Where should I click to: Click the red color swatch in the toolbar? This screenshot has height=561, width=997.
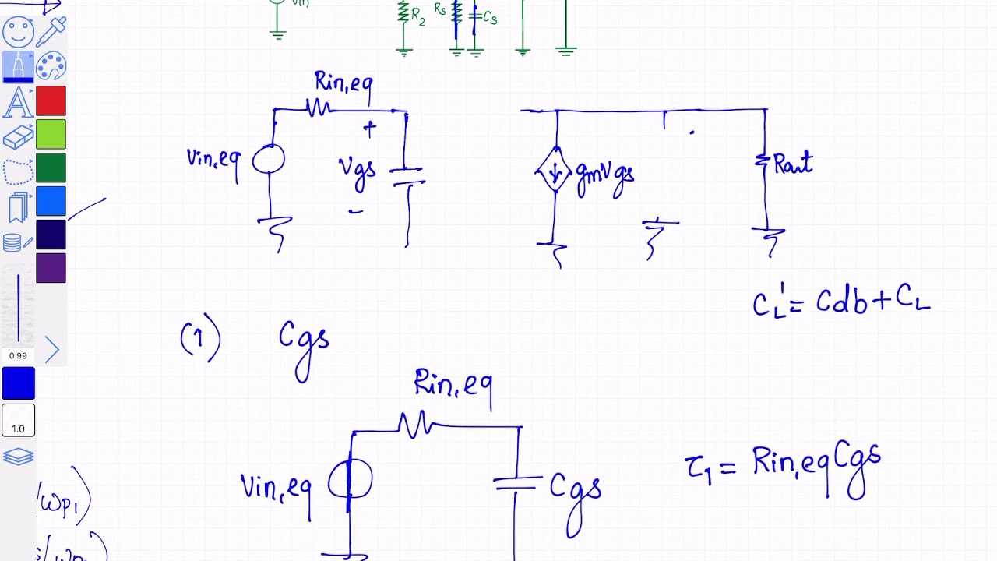tap(51, 101)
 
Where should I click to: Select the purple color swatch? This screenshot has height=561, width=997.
tap(51, 268)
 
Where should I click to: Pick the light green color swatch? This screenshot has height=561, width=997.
tap(51, 135)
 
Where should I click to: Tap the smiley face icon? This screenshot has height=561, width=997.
tap(18, 33)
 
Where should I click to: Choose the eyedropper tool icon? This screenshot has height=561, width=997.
tap(51, 31)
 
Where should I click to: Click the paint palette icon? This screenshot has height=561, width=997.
tap(51, 67)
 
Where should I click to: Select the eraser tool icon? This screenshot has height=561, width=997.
tap(18, 138)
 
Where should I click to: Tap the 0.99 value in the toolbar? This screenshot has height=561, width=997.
tap(18, 355)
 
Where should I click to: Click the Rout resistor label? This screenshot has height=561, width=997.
tap(793, 164)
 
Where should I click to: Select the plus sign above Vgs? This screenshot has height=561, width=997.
tap(368, 129)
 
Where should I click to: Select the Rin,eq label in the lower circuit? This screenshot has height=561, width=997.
tap(453, 384)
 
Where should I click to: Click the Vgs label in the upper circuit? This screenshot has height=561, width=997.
tap(358, 171)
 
